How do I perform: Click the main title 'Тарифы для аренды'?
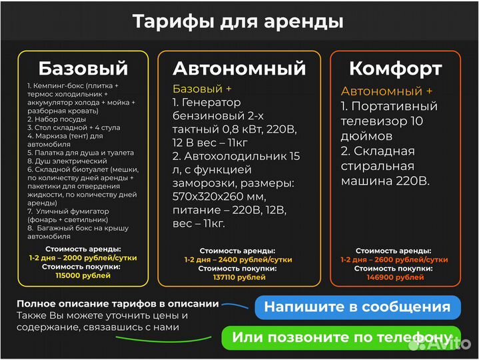click(x=239, y=21)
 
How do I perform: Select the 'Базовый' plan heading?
click(x=83, y=68)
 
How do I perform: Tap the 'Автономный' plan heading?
click(x=239, y=68)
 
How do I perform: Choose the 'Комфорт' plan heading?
click(x=395, y=68)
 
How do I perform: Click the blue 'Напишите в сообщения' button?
click(x=357, y=307)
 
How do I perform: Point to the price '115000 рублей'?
click(x=83, y=275)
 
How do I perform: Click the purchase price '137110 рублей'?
click(x=239, y=277)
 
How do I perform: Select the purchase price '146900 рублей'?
click(x=394, y=277)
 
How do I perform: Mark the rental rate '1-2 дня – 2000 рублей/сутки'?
click(x=83, y=257)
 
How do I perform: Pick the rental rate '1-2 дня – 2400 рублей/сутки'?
click(x=239, y=259)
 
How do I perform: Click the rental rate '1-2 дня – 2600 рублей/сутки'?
click(x=394, y=259)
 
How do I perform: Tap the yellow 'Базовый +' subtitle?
click(x=203, y=89)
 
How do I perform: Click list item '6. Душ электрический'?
click(x=67, y=161)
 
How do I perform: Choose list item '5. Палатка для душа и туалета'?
click(x=81, y=153)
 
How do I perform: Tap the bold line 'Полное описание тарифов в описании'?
click(x=117, y=303)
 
